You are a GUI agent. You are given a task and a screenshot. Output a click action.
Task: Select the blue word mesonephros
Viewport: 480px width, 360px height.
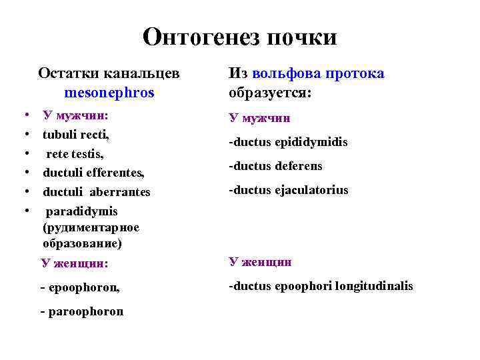109,93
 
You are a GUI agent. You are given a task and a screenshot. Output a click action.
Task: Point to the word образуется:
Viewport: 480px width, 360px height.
269,93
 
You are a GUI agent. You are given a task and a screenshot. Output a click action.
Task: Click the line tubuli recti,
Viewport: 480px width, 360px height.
76,134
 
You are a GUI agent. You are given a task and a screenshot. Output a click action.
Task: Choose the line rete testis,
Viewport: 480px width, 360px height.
75,153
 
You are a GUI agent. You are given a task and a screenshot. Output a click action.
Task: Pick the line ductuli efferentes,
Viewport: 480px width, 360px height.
93,173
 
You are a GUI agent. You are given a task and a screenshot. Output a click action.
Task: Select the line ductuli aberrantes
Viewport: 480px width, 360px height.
97,192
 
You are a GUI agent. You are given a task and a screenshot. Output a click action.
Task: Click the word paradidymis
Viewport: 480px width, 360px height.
81,211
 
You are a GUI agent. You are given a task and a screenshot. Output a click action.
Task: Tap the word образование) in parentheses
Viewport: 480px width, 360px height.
82,243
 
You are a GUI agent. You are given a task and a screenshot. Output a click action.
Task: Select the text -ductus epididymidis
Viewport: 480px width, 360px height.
288,142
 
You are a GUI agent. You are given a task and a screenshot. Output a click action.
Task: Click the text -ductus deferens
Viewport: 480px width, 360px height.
275,166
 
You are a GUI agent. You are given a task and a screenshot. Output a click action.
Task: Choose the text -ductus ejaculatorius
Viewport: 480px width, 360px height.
288,190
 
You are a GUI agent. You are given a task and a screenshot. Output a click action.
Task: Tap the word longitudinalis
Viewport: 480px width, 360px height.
373,286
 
